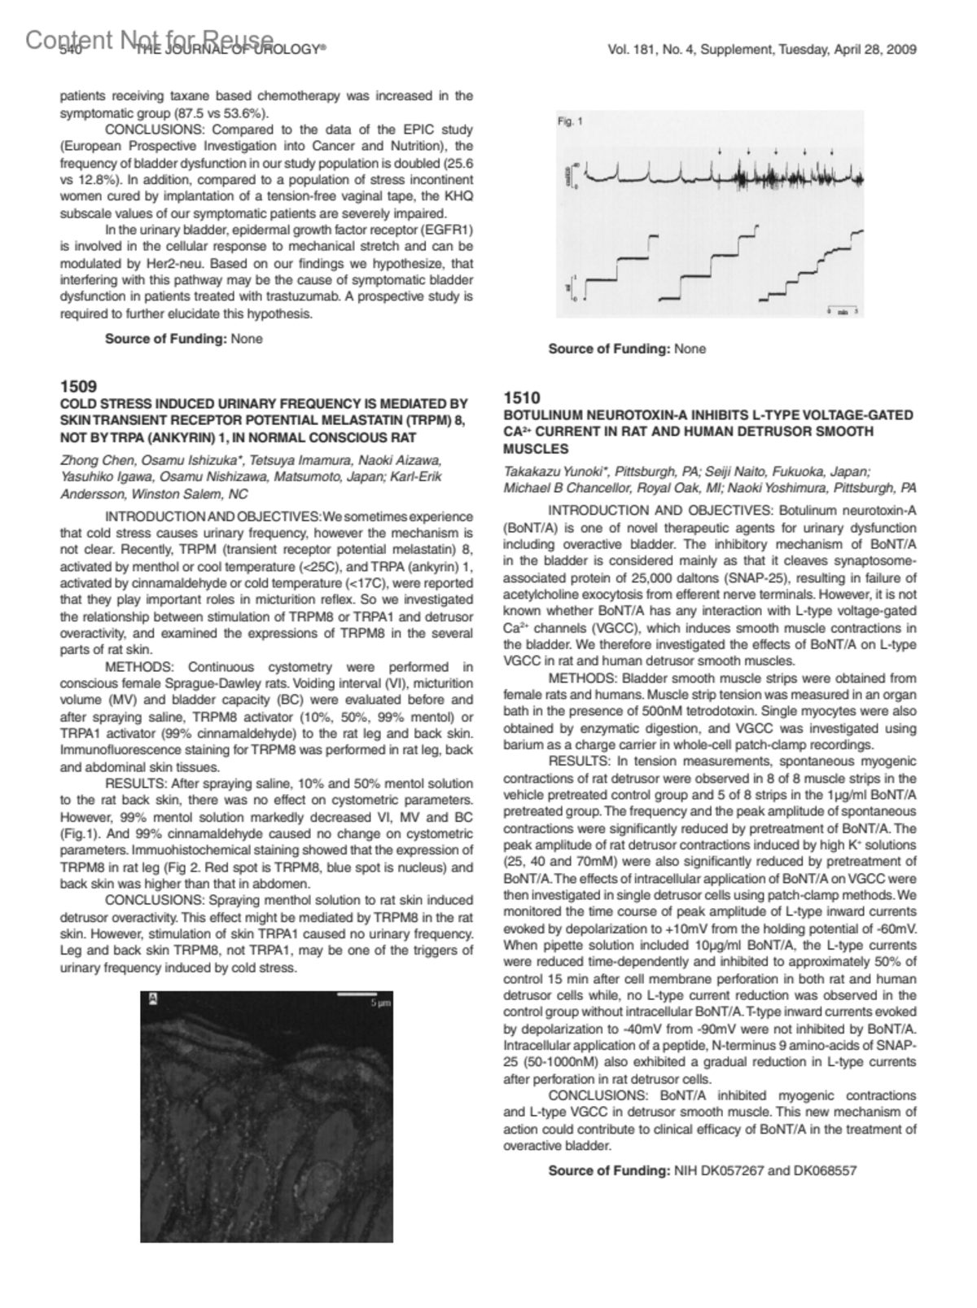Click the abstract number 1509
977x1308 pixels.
[78, 386]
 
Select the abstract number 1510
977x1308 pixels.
[521, 397]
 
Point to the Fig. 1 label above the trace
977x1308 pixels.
[570, 121]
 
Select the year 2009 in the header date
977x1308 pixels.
[902, 50]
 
